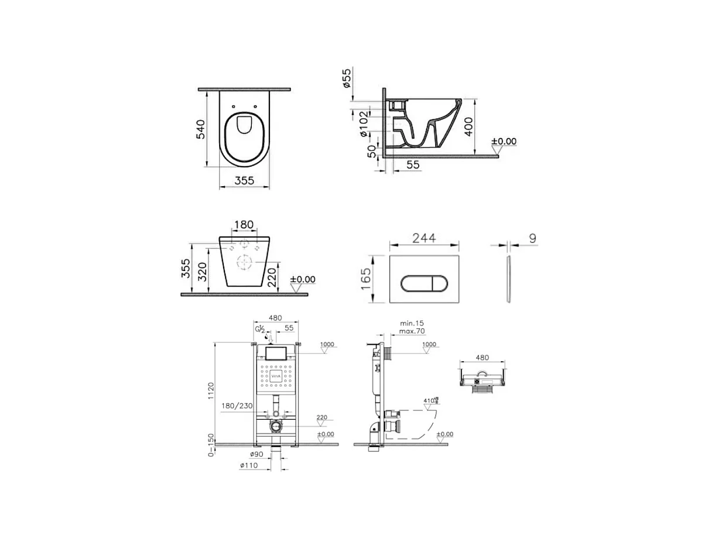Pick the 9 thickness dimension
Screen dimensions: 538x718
click(x=531, y=238)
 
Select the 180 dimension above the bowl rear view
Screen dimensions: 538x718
click(x=244, y=225)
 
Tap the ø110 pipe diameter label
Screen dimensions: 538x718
click(x=248, y=466)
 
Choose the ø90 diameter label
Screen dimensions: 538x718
click(x=256, y=454)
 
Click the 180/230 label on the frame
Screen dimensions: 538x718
click(x=237, y=405)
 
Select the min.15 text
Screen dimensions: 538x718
click(x=412, y=323)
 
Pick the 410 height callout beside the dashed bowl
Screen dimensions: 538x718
click(x=430, y=401)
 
